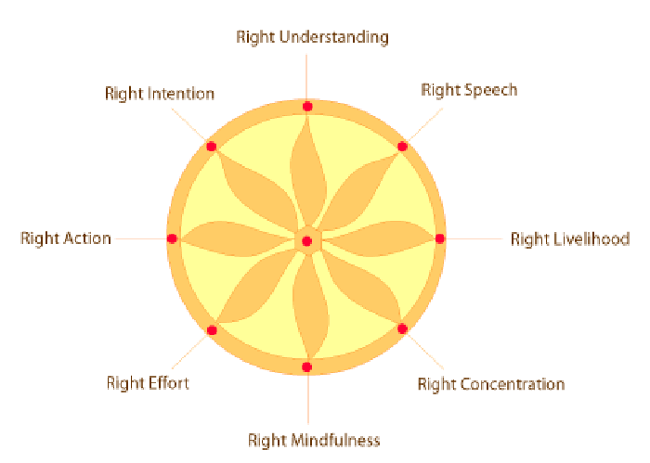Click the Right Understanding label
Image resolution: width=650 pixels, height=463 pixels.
(312, 37)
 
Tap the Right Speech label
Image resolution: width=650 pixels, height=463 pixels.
(469, 90)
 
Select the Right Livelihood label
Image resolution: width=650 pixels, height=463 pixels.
(570, 238)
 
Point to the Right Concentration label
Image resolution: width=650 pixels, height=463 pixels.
(490, 384)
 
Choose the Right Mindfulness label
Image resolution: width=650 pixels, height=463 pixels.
(314, 440)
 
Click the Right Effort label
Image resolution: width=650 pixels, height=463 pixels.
(148, 382)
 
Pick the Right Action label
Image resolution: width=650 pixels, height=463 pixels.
(66, 238)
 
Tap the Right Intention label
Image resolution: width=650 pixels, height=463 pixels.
(160, 94)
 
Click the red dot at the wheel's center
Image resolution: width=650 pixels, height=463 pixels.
(307, 241)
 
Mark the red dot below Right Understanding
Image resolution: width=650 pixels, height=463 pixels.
(307, 108)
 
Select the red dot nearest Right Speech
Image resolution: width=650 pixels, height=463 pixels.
(403, 147)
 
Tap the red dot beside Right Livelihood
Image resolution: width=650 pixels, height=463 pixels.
(440, 238)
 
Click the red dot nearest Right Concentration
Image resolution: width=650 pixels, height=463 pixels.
(403, 328)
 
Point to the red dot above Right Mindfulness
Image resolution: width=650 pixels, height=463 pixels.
(307, 367)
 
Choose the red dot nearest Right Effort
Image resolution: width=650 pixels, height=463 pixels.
(212, 330)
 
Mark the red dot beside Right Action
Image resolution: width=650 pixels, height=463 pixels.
(172, 238)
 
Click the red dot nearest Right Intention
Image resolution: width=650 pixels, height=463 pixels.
(212, 147)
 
